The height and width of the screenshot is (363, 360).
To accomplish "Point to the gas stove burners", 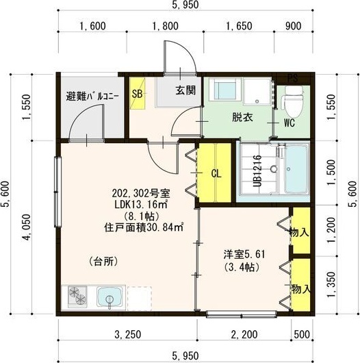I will pos(79,298).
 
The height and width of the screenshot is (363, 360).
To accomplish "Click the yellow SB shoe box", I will pos(137,93).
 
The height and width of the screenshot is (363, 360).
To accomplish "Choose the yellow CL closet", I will pos(216,173).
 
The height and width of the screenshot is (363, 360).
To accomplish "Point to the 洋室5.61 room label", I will pos(243,254).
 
